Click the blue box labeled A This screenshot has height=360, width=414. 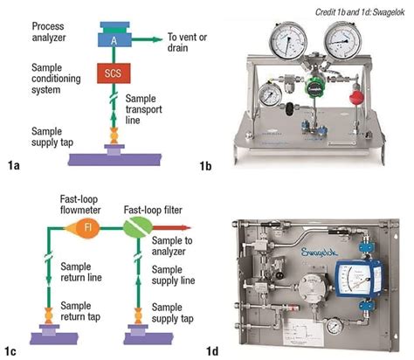coord(116,38)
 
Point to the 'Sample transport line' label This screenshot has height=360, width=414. coord(152,113)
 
